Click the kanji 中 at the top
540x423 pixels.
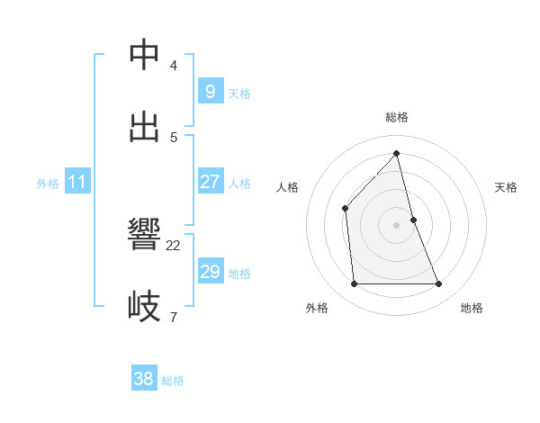[144, 56]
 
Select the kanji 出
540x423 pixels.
[144, 127]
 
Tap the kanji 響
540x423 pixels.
[144, 236]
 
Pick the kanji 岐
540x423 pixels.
[144, 306]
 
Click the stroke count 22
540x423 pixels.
[174, 245]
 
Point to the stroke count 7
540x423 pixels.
[174, 316]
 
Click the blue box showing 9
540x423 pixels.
[210, 92]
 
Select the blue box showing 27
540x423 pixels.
[210, 182]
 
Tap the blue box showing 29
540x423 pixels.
[210, 272]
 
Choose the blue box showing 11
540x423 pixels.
[76, 182]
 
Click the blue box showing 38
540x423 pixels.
[143, 379]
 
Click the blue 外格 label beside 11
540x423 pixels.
[48, 184]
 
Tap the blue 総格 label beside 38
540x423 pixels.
[173, 381]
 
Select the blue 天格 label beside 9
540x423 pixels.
[239, 94]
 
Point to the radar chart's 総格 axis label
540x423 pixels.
[397, 117]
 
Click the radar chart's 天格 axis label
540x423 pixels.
[507, 187]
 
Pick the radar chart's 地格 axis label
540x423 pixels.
[472, 308]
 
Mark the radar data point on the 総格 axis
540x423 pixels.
[396, 153]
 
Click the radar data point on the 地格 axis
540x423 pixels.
[439, 284]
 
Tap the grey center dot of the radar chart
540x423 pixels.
[396, 225]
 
